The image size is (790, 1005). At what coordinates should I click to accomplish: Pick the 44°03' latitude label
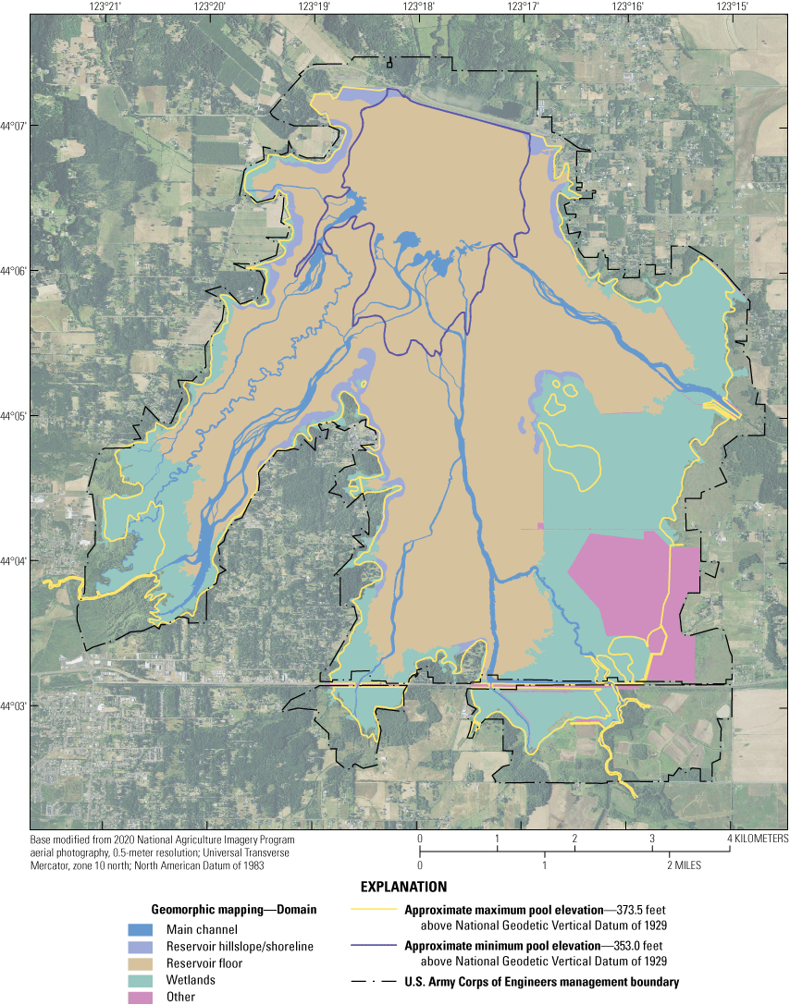pos(15,706)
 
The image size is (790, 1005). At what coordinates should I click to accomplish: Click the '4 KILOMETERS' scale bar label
pos(758,839)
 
